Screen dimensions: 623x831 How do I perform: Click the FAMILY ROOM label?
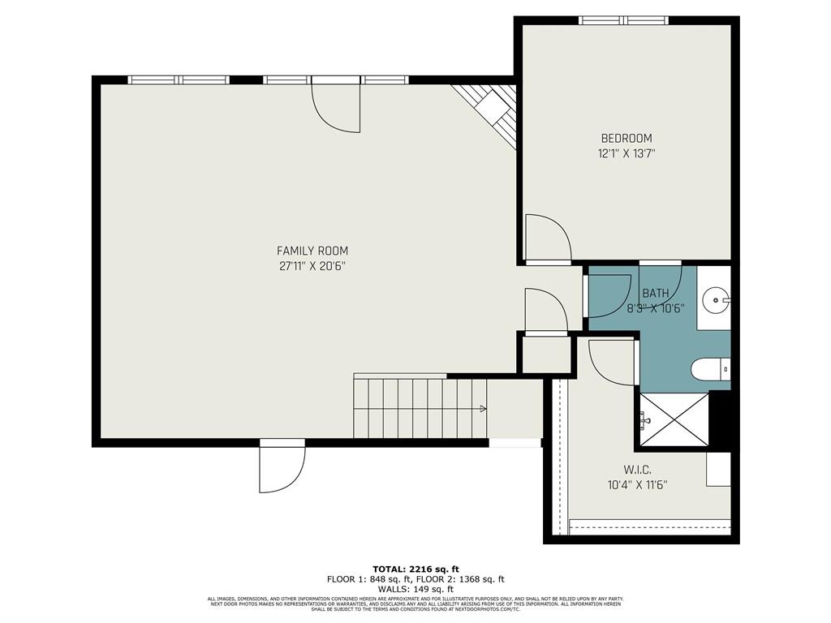[x=312, y=251]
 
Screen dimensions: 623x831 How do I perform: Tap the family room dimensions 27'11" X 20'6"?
[x=312, y=266]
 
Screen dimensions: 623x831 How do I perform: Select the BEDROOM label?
[x=626, y=138]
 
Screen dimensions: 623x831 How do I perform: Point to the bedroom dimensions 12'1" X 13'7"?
[x=626, y=153]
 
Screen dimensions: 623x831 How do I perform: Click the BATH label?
[x=656, y=293]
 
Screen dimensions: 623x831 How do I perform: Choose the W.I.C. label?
[x=637, y=470]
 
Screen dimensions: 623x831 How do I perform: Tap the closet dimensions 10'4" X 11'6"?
[x=637, y=485]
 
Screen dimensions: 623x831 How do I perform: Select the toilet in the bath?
[x=711, y=370]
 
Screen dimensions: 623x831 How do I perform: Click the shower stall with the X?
[x=674, y=419]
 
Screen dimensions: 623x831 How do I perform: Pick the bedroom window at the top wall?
[x=623, y=20]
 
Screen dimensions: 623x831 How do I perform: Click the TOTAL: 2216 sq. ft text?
[x=415, y=569]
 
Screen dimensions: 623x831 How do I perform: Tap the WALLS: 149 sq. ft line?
[x=415, y=589]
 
